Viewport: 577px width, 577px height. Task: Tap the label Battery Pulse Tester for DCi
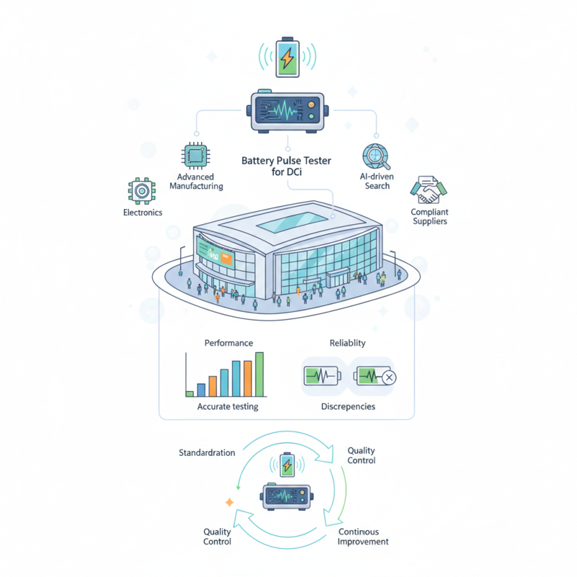(286, 166)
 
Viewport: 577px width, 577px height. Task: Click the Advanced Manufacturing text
(196, 181)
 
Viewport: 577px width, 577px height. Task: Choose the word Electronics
(143, 213)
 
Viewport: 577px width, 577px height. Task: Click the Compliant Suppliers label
(429, 216)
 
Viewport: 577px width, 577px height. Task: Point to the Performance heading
(229, 343)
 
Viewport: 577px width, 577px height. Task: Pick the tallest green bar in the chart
(260, 374)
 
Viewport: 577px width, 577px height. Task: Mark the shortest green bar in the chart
(190, 394)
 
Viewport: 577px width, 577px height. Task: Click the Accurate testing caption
(228, 407)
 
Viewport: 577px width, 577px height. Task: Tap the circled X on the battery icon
(389, 377)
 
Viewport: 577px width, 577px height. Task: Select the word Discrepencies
(348, 407)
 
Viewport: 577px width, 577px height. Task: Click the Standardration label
(207, 453)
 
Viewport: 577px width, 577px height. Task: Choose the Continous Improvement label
(363, 537)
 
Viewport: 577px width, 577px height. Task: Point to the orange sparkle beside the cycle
(229, 502)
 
